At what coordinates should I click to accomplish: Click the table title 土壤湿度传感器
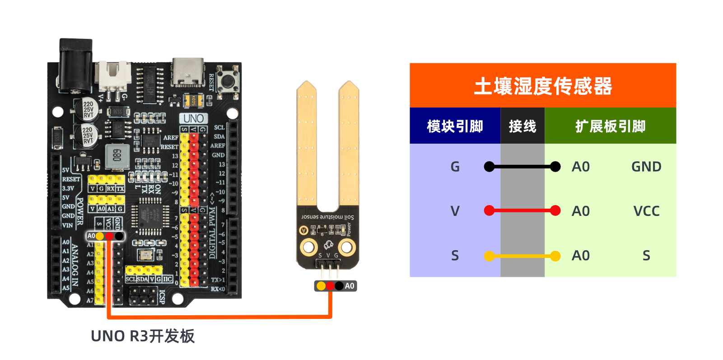pyautogui.click(x=542, y=86)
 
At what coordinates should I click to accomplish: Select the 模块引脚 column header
pyautogui.click(x=455, y=126)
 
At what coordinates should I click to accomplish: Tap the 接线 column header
pyautogui.click(x=522, y=126)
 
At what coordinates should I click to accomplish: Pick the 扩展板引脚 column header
pyautogui.click(x=610, y=126)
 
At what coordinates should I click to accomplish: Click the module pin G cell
pyautogui.click(x=455, y=167)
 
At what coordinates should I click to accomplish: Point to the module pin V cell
pyautogui.click(x=455, y=211)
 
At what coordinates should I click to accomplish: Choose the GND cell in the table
pyautogui.click(x=646, y=167)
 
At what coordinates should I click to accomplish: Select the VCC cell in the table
pyautogui.click(x=646, y=211)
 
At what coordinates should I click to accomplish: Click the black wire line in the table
pyautogui.click(x=522, y=167)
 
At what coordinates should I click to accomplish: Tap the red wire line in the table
pyautogui.click(x=522, y=210)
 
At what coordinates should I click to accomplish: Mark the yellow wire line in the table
pyautogui.click(x=522, y=256)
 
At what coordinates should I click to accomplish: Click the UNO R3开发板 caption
pyautogui.click(x=143, y=336)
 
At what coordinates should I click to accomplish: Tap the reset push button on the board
pyautogui.click(x=228, y=81)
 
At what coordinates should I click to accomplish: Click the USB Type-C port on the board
pyautogui.click(x=187, y=72)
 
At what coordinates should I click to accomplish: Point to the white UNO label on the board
pyautogui.click(x=194, y=118)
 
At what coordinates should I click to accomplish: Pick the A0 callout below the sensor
pyautogui.click(x=349, y=286)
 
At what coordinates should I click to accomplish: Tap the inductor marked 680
pyautogui.click(x=117, y=155)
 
